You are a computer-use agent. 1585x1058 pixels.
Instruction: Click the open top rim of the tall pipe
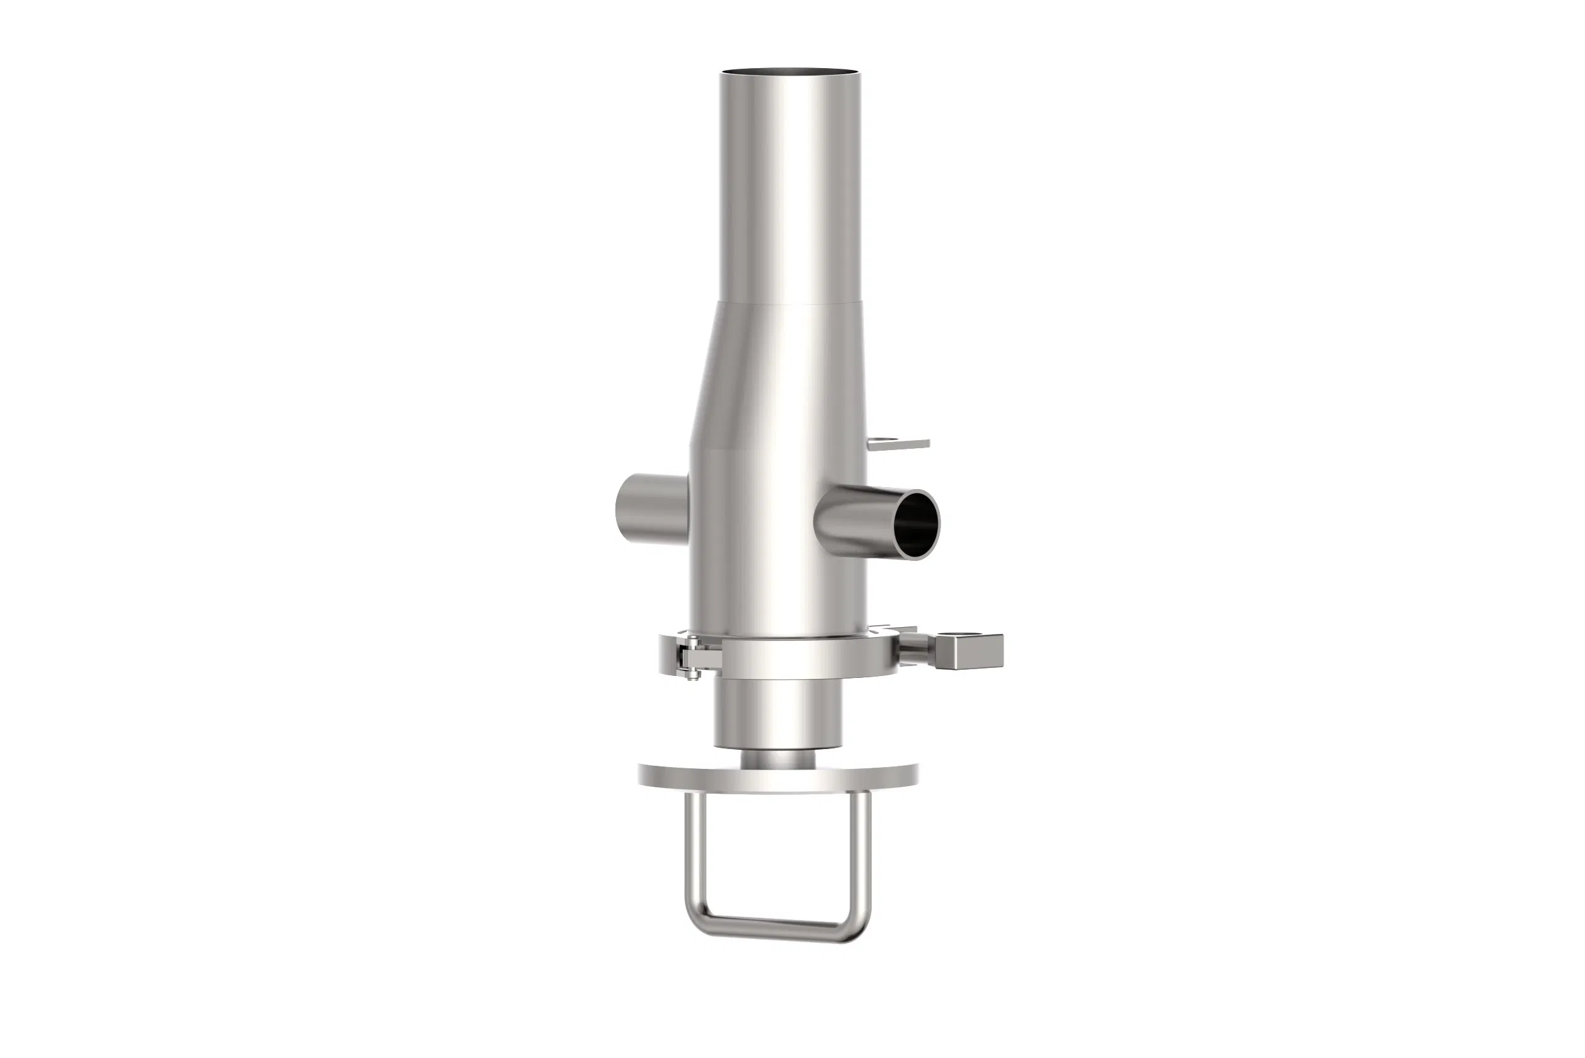[x=790, y=72]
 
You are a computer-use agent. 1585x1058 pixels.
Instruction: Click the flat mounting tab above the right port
[x=900, y=443]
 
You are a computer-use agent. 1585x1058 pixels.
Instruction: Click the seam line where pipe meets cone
[x=789, y=302]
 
